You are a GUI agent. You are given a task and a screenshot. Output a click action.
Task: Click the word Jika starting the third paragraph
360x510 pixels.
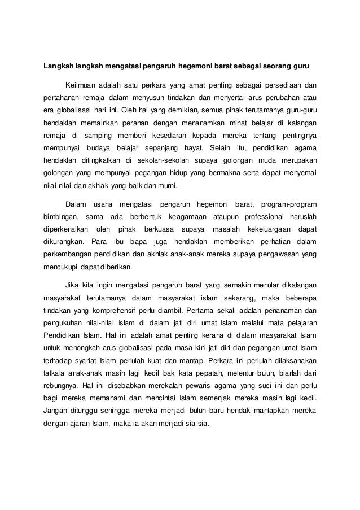pyautogui.click(x=73, y=285)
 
